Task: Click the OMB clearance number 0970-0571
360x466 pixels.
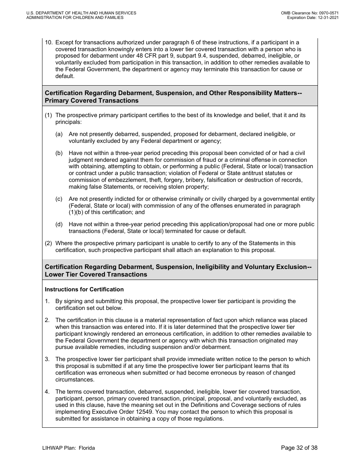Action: (x=327, y=13)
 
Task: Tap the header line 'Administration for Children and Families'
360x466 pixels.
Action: (x=75, y=18)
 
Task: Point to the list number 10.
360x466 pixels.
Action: (x=49, y=42)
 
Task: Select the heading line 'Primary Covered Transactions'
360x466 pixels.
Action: (x=91, y=101)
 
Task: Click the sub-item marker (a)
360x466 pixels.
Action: (x=59, y=134)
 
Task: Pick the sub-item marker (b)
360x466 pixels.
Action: (x=59, y=153)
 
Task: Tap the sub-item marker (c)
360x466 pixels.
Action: (x=59, y=199)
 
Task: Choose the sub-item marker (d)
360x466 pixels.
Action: (x=59, y=225)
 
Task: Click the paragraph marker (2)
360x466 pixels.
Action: (x=49, y=243)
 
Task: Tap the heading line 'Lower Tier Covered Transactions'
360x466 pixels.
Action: (x=96, y=275)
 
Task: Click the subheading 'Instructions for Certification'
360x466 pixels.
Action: (x=84, y=289)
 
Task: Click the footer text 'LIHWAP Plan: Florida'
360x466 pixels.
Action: (x=69, y=448)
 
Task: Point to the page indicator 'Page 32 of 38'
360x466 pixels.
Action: (x=299, y=448)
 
